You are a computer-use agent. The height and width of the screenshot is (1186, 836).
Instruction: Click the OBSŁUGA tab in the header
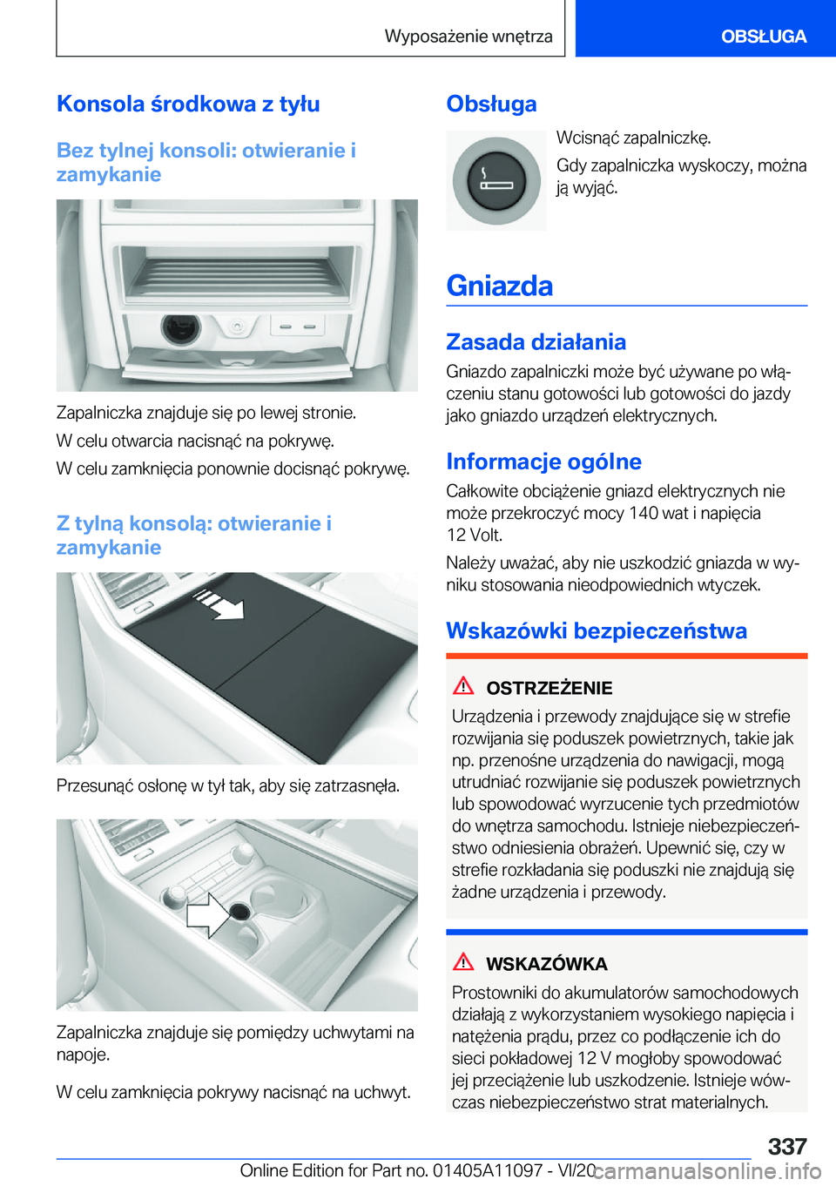(763, 37)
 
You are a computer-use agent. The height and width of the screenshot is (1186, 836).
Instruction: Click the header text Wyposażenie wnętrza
(469, 37)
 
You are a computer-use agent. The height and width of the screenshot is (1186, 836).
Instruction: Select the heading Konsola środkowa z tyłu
(188, 104)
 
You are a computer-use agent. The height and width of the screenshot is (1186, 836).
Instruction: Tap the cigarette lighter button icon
(496, 180)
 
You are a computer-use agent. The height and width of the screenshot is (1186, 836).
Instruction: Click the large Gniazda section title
(500, 286)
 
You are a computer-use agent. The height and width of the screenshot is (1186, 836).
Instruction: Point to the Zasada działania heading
(536, 341)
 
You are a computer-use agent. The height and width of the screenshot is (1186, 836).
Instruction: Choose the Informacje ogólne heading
(543, 462)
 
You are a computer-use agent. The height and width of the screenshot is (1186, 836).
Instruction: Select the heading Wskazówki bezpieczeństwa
(597, 630)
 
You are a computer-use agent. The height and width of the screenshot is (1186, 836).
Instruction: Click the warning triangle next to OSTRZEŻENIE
(463, 686)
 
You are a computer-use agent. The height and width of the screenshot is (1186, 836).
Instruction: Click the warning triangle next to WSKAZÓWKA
(463, 962)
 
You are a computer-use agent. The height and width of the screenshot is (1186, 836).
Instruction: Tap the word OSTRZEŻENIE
(549, 688)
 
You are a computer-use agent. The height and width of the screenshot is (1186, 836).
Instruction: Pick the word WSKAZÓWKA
(546, 964)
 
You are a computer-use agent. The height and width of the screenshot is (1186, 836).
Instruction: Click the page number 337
(786, 1146)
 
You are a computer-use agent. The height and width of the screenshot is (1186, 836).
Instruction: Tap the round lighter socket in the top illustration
(180, 327)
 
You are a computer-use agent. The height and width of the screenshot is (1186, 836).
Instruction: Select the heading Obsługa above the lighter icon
(491, 104)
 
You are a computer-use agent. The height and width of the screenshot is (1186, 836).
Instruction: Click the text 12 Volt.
(475, 535)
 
